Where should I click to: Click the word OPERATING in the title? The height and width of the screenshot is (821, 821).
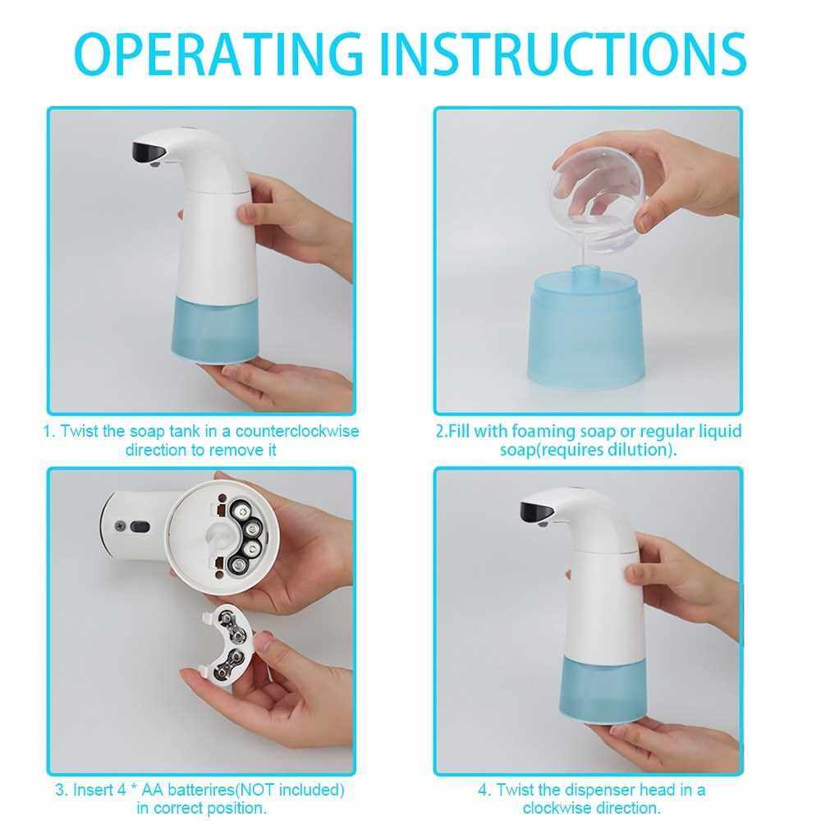[x=219, y=53]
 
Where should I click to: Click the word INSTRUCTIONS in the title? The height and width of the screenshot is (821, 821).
[x=563, y=53]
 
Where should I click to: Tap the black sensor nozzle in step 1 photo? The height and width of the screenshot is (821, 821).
[x=149, y=152]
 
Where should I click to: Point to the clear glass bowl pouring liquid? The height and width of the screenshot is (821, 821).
[x=597, y=196]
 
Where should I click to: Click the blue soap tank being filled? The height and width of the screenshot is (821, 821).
[x=586, y=330]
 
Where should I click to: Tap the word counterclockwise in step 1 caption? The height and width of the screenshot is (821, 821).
[x=297, y=432]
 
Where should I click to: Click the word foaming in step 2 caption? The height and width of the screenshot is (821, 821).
[x=544, y=432]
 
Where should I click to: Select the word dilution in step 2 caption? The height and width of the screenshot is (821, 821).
[x=639, y=450]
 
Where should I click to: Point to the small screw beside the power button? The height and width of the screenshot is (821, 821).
[x=120, y=525]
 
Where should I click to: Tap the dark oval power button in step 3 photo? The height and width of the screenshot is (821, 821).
[x=140, y=527]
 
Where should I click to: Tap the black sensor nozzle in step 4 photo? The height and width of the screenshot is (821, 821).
[x=537, y=512]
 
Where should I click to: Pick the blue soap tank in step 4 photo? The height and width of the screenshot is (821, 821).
[x=603, y=690]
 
